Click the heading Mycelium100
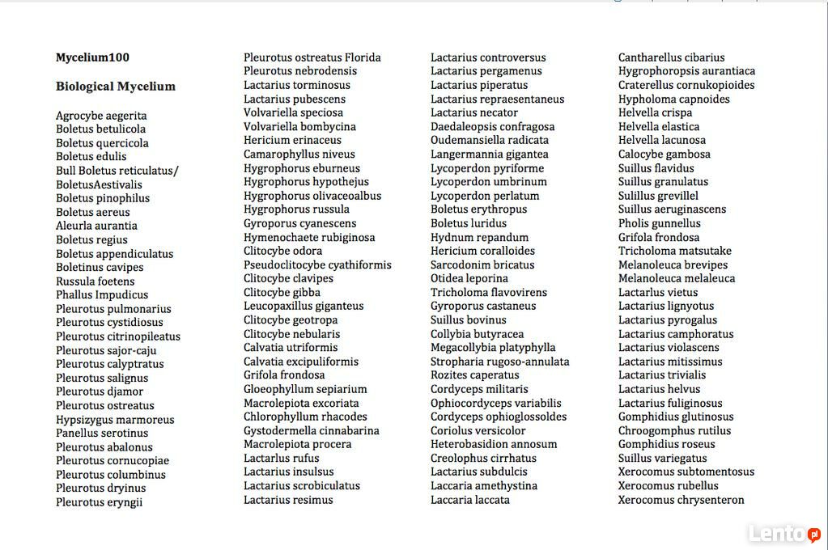pos(92,57)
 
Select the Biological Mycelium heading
pos(116,87)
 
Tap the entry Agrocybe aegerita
pos(101,116)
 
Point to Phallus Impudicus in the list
pos(102,294)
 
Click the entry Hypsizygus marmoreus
pos(115,420)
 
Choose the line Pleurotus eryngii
pos(99,502)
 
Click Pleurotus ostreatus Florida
pos(312,57)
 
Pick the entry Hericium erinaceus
pos(292,140)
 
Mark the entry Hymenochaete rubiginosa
pos(309,238)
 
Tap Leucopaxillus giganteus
pos(304,306)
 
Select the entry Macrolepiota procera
pos(297,444)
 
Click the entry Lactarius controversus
pos(488,57)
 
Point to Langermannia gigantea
pos(489,154)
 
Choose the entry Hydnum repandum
pos(479,238)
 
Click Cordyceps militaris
pos(479,389)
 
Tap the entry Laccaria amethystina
pos(483,485)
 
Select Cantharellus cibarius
pos(671,57)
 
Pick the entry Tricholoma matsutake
pos(674,251)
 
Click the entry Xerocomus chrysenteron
pos(681,500)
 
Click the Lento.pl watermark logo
pos(784,534)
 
